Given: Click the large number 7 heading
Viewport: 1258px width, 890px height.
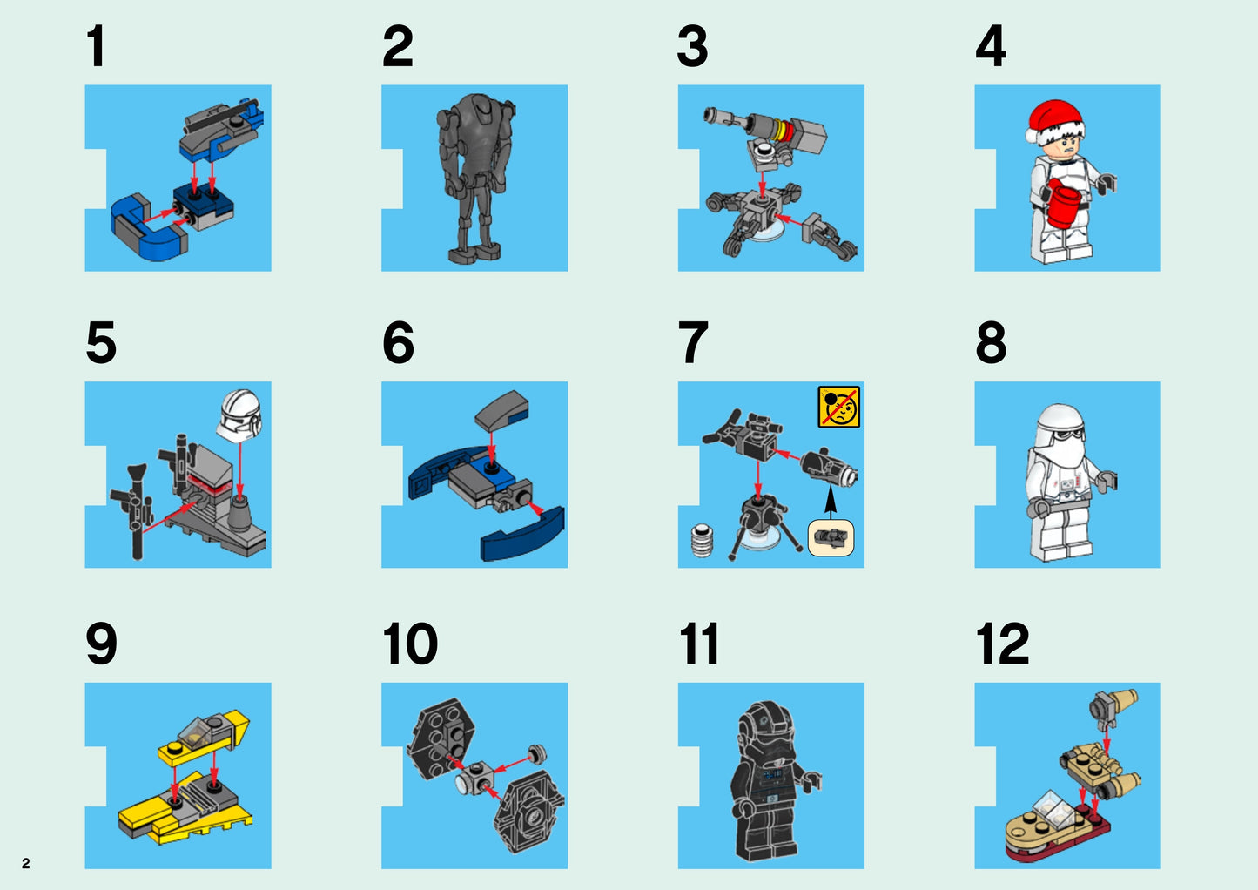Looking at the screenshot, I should coord(693,343).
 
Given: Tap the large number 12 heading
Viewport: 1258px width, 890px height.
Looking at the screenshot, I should coord(1002,644).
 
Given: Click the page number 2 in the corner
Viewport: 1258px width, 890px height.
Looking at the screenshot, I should coord(25,863).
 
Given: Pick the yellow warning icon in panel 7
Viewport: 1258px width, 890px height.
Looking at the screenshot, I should coord(838,407).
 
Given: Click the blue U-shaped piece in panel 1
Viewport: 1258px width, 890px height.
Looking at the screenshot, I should coord(148,228).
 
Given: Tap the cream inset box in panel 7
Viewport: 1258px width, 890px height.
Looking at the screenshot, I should coord(831,538).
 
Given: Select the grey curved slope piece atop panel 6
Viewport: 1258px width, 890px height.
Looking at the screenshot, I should coord(501,409).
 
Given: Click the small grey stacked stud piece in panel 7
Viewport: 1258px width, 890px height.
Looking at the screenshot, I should coord(702,540).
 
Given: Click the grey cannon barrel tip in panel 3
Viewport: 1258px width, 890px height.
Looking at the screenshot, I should coord(712,114).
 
